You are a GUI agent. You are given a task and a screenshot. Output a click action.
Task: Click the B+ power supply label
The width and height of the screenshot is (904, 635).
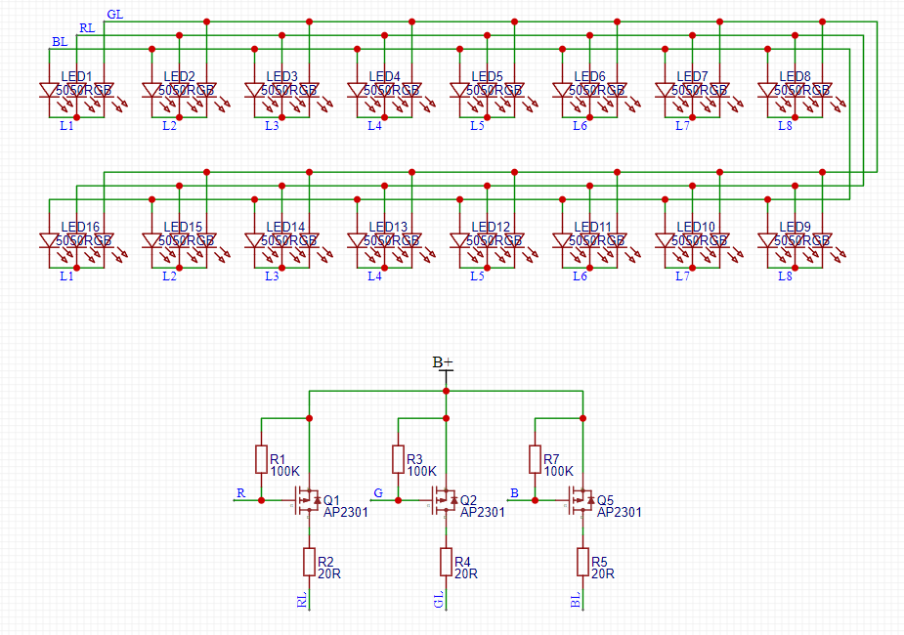pyautogui.click(x=444, y=362)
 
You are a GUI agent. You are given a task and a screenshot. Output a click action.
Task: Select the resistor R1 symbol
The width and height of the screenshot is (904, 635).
pyautogui.click(x=262, y=459)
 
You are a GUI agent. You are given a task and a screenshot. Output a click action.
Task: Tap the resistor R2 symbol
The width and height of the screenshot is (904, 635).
pyautogui.click(x=309, y=562)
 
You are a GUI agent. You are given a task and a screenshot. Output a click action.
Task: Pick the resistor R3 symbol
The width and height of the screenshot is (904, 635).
pyautogui.click(x=399, y=459)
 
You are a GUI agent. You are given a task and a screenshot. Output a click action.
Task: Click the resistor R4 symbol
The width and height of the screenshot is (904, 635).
pyautogui.click(x=446, y=562)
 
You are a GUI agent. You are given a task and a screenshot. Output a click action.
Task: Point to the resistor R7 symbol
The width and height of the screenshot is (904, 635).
pyautogui.click(x=536, y=459)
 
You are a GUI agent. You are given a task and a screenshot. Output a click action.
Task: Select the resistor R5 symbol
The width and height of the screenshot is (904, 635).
pyautogui.click(x=582, y=562)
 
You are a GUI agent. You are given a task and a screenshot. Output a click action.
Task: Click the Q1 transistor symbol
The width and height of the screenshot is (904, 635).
pyautogui.click(x=305, y=500)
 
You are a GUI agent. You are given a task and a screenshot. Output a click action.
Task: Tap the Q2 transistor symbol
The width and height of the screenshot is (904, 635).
pyautogui.click(x=442, y=500)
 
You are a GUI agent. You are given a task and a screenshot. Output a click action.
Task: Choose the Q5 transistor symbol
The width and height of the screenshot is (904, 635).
pyautogui.click(x=579, y=500)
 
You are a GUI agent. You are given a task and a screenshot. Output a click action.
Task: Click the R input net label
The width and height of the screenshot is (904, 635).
pyautogui.click(x=240, y=492)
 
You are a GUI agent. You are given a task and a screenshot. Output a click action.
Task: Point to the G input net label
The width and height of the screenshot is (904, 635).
pyautogui.click(x=377, y=492)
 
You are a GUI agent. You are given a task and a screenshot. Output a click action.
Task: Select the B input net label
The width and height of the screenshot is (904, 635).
pyautogui.click(x=514, y=492)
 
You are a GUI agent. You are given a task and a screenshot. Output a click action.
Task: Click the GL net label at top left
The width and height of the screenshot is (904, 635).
pyautogui.click(x=114, y=15)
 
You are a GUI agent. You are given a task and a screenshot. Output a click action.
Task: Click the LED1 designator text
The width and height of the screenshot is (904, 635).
pyautogui.click(x=76, y=76)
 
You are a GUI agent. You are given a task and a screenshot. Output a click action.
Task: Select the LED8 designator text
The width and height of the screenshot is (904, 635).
pyautogui.click(x=795, y=76)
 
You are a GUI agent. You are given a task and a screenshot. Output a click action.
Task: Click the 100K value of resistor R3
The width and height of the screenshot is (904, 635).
pyautogui.click(x=422, y=471)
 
